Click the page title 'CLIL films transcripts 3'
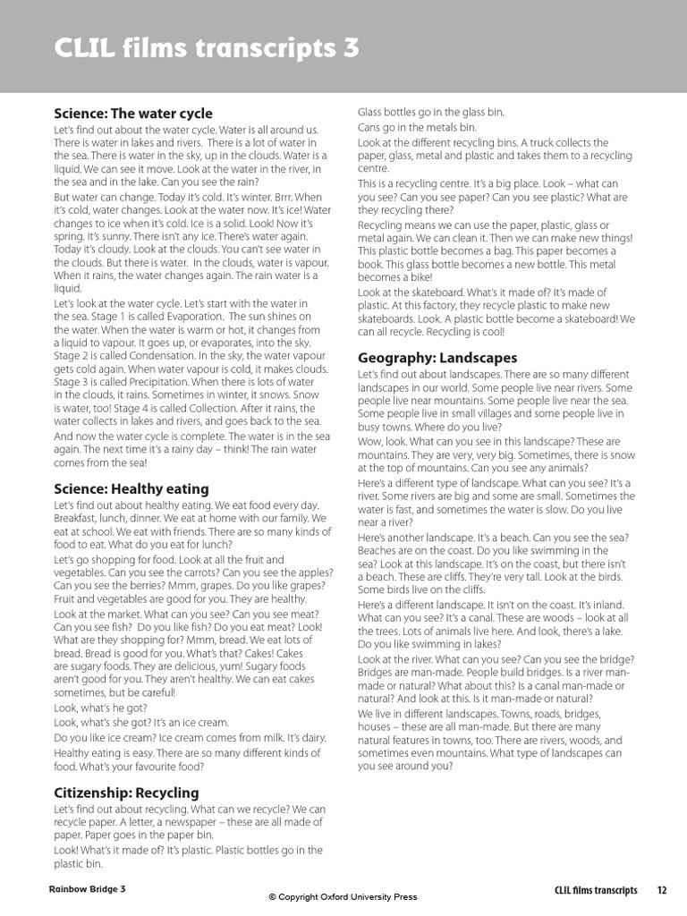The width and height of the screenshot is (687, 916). point(207,47)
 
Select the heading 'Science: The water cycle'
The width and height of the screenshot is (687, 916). point(133,114)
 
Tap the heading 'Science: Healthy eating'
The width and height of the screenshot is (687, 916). point(131,488)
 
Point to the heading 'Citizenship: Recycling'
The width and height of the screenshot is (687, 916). point(126,793)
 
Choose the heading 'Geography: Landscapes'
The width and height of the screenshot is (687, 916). point(437,358)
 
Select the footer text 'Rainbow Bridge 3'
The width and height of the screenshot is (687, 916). point(88,889)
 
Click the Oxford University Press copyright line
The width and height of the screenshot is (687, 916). point(343,897)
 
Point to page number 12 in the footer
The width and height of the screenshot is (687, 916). point(662,890)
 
